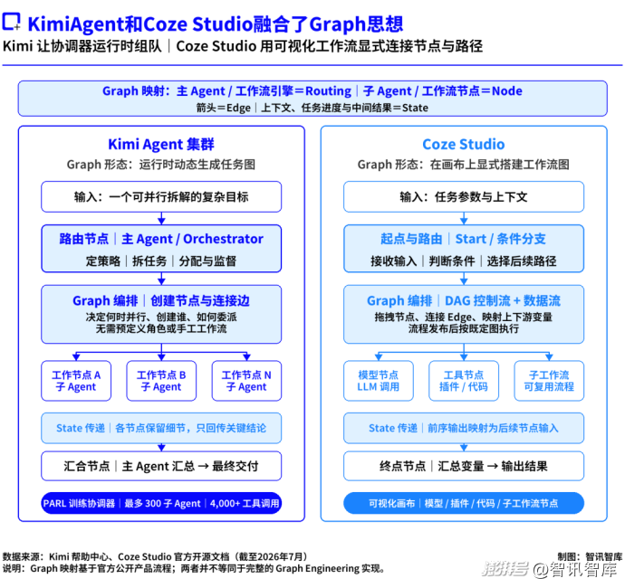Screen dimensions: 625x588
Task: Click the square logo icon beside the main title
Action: [11, 22]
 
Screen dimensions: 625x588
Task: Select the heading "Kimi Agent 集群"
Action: [161, 144]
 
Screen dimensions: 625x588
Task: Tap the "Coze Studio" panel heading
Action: [464, 144]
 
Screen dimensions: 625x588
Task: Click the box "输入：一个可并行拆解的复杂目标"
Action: [161, 196]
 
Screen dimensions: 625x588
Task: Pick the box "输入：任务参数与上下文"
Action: [464, 196]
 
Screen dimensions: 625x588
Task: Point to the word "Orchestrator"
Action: [223, 239]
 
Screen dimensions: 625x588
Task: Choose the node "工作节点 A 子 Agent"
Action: [76, 381]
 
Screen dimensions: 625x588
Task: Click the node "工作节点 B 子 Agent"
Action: [161, 381]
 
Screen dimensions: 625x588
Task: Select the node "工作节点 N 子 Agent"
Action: [246, 381]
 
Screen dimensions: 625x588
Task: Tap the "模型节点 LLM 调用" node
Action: [379, 381]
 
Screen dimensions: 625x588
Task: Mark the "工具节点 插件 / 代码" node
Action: [464, 381]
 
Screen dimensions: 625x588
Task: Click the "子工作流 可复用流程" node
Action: [549, 381]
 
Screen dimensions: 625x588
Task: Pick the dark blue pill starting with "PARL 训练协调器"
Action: [161, 503]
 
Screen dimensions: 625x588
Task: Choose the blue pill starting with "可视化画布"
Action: [464, 503]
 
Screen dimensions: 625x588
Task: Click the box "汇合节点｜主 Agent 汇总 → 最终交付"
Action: [161, 466]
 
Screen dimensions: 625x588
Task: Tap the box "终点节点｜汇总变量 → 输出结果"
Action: [464, 466]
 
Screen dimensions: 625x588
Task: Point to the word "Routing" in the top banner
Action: [329, 91]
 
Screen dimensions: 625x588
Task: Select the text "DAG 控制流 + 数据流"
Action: [503, 300]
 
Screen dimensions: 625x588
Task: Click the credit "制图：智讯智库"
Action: [590, 556]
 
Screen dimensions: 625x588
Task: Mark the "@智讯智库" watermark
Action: [577, 569]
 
